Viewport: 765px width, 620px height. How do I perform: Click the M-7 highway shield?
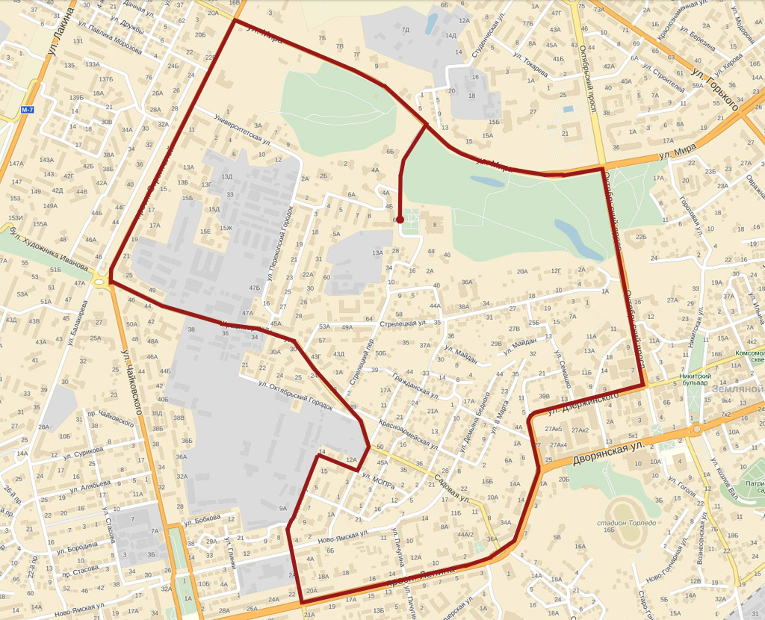pyautogui.click(x=28, y=110)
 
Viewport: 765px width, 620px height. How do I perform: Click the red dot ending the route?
pyautogui.click(x=400, y=220)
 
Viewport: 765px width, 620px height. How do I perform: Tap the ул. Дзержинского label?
pyautogui.click(x=583, y=403)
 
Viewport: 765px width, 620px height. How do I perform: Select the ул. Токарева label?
pyautogui.click(x=530, y=65)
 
